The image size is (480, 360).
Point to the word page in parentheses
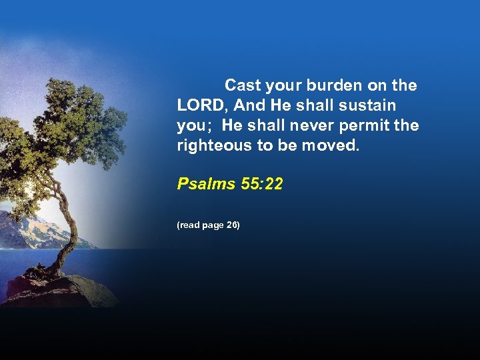pos(213,225)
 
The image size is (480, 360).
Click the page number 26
pos(233,225)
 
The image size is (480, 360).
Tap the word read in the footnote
pos(189,225)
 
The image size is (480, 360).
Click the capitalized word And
pos(249,105)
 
